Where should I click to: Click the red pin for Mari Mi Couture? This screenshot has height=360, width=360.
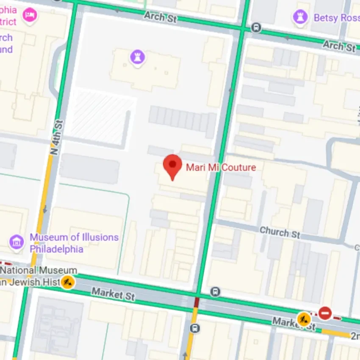coord(172,164)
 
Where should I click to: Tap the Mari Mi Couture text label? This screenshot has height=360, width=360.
coord(221,167)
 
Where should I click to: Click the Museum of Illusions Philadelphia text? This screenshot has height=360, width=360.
coord(74,243)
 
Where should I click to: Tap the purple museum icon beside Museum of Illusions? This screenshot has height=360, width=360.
coord(17,242)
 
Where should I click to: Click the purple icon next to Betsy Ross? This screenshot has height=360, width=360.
coord(300,18)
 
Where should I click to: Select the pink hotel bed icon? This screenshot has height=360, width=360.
coord(30,16)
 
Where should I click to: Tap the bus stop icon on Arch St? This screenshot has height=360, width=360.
coord(256,28)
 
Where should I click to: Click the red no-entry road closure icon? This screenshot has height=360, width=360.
coord(325,313)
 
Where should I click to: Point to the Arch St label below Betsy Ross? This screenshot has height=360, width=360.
coord(339,45)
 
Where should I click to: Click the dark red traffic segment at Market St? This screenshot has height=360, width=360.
coord(197,302)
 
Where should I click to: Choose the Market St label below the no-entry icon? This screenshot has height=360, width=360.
coord(294,324)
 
